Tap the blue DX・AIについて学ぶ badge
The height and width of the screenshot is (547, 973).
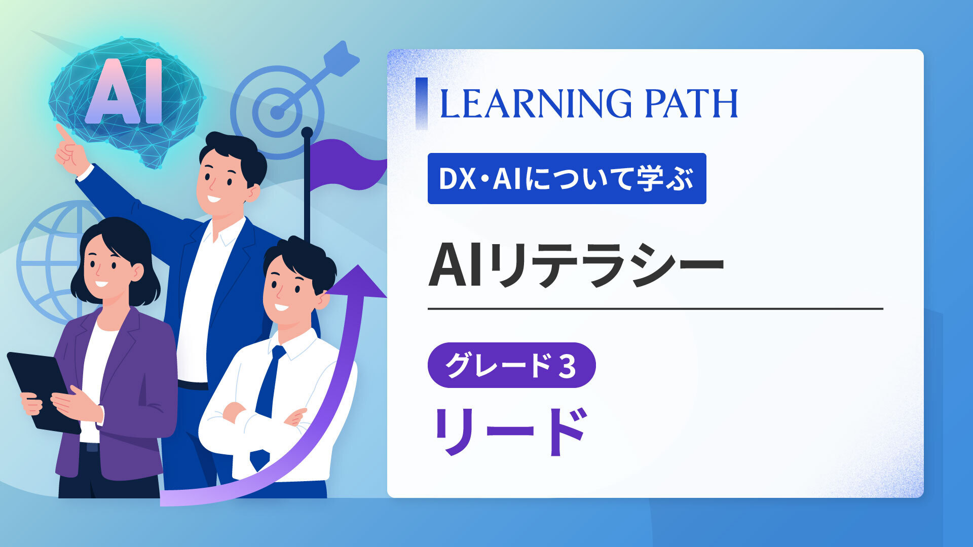click(567, 178)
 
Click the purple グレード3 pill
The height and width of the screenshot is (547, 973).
click(511, 365)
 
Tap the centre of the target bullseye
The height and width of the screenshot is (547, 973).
click(277, 112)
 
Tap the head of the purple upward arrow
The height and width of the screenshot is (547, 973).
click(358, 281)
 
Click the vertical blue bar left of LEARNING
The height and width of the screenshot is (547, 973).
click(421, 103)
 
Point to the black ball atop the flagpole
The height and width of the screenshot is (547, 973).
click(307, 133)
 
